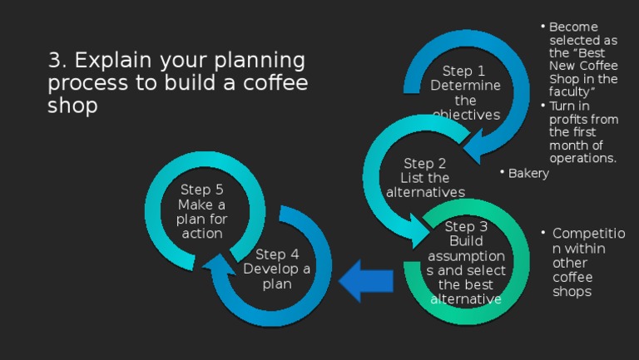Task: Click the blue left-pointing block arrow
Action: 367,279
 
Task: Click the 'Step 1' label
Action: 463,72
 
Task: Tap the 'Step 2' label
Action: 424,164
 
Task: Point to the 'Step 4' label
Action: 277,254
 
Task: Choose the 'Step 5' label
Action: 201,190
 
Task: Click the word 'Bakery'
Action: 528,173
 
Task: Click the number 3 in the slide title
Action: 55,61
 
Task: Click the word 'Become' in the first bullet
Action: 573,27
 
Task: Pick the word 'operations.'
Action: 582,158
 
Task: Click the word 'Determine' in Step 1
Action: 465,86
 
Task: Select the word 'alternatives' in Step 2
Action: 425,192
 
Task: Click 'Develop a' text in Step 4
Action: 277,269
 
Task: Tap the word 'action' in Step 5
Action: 202,234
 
